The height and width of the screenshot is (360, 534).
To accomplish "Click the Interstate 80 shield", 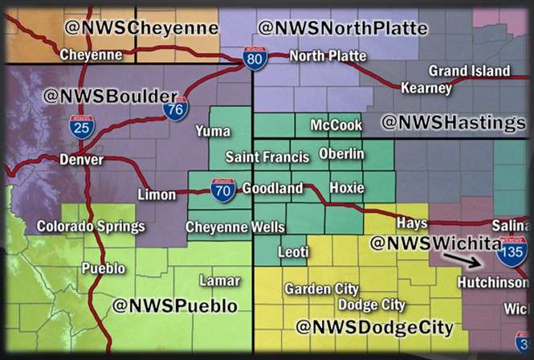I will point(255,58).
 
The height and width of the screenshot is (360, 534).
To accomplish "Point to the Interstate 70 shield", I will point(223,190).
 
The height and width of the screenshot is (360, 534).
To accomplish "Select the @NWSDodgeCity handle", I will point(374,327).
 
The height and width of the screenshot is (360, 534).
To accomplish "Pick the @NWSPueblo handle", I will point(175,306).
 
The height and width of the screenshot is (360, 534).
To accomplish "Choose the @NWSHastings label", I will point(453,123).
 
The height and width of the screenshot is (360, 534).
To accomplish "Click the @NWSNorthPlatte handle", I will point(343,29).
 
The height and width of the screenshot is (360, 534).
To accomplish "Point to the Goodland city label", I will point(272,189).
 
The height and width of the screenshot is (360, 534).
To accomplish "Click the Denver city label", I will point(81,160).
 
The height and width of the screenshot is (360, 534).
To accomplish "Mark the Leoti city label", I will point(293,252).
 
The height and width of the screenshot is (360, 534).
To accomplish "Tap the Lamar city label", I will point(218,280).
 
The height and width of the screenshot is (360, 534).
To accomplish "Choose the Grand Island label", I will point(469,71).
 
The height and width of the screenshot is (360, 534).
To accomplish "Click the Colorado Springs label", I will point(91,227).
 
